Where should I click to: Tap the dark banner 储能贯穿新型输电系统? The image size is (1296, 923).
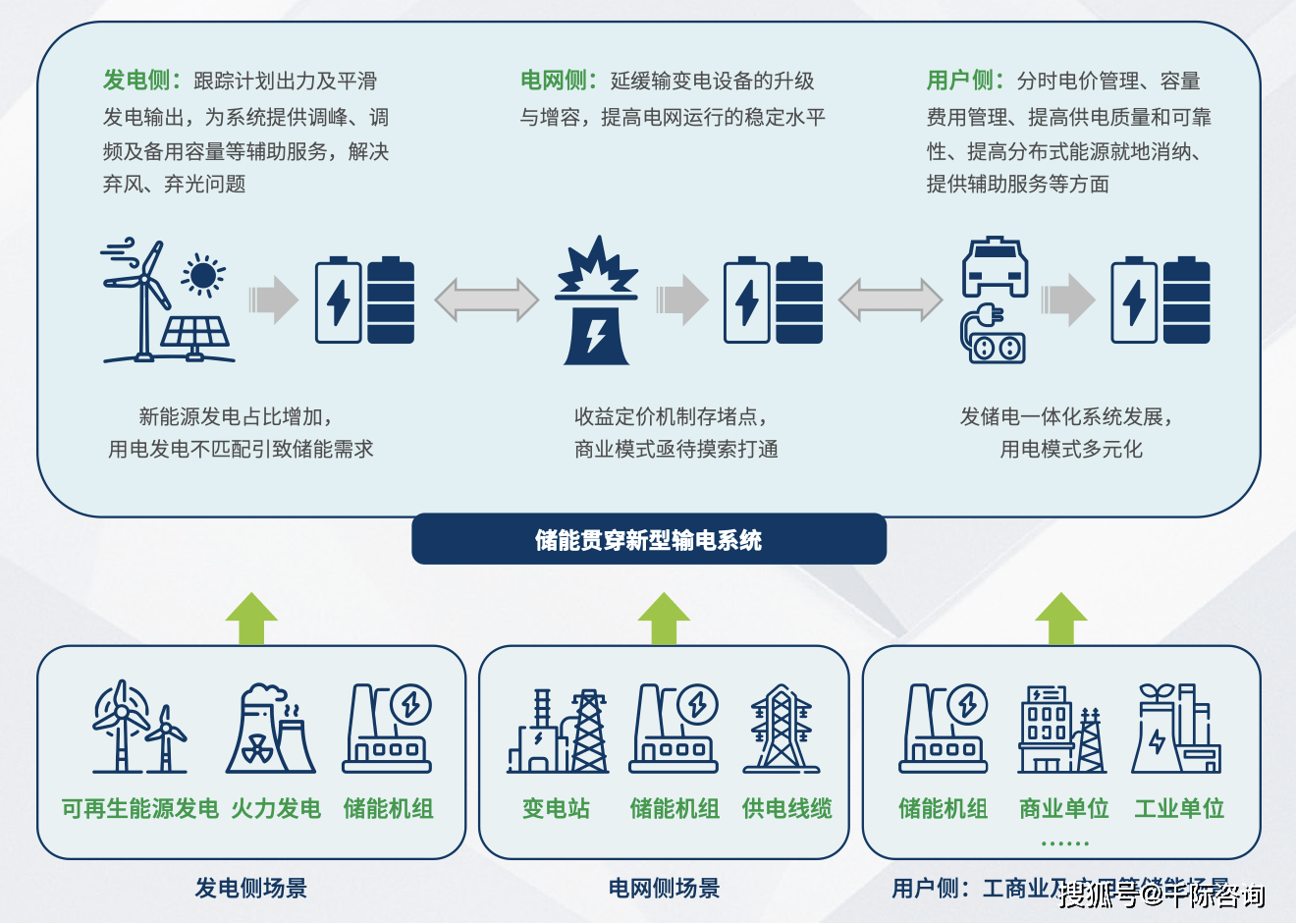click(x=648, y=539)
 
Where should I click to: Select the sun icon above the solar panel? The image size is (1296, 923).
click(x=203, y=275)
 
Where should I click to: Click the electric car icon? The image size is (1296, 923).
click(x=995, y=266)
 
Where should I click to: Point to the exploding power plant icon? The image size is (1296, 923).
click(x=596, y=300)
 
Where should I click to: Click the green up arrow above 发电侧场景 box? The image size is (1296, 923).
click(x=251, y=619)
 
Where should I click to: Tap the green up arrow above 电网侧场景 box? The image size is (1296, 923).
click(x=664, y=619)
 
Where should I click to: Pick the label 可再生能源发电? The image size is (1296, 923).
click(x=139, y=808)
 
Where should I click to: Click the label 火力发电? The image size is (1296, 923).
click(x=276, y=808)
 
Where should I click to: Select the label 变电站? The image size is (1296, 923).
click(x=556, y=808)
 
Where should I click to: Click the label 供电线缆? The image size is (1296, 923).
click(x=786, y=808)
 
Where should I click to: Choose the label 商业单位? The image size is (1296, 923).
click(x=1063, y=808)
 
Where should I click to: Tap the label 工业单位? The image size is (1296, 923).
click(x=1179, y=808)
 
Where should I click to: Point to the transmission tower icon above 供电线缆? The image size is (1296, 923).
click(x=782, y=729)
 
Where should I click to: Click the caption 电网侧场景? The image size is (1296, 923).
click(x=664, y=889)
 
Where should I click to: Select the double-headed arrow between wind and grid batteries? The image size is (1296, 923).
click(x=486, y=300)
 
